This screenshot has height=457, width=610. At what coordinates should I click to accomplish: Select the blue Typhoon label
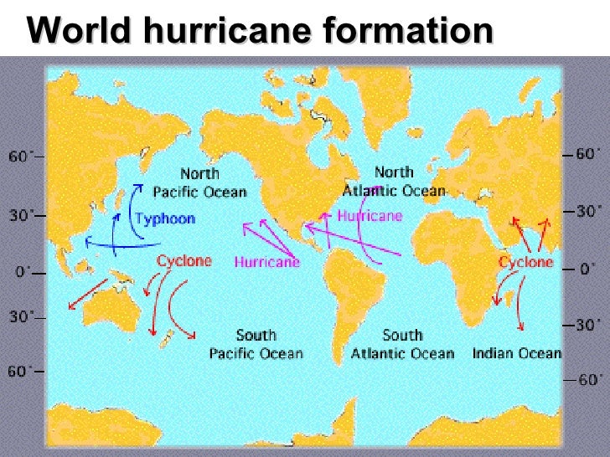[x=165, y=219]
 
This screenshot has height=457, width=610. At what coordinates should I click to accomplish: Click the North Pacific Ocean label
[x=199, y=183]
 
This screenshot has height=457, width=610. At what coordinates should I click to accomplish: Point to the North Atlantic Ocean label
[x=394, y=181]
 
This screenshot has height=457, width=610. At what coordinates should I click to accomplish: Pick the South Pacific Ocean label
[x=256, y=344]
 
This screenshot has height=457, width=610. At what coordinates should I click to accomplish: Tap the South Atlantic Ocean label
[x=402, y=344]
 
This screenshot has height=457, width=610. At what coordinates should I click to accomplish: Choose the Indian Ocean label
[x=516, y=352]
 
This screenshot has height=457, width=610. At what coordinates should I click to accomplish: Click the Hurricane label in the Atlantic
[x=370, y=215]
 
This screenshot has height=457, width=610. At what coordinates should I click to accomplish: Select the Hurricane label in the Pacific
[x=266, y=262]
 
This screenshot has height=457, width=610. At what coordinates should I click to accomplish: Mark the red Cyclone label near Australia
[x=184, y=261]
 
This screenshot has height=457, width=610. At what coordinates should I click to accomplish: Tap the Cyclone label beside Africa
[x=526, y=262]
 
